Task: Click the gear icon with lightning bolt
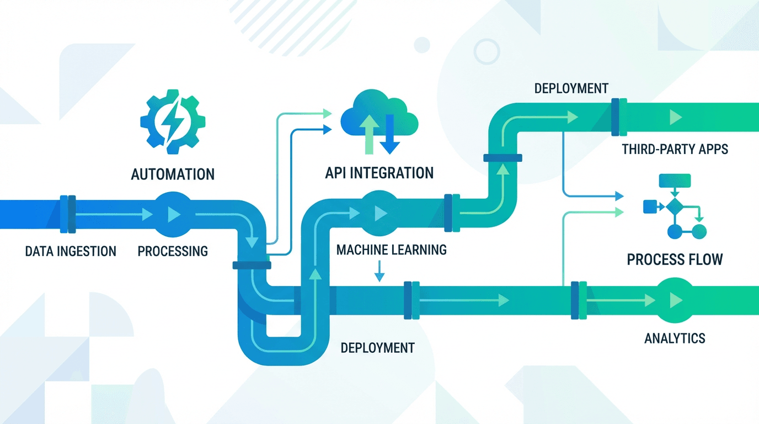[172, 121]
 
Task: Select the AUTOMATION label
[173, 174]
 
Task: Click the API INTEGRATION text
[380, 173]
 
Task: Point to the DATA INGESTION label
[71, 252]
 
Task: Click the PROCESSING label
[173, 252]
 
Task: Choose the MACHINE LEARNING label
[391, 250]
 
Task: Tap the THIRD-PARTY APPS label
[675, 149]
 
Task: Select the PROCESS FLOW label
[675, 259]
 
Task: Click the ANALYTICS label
[675, 338]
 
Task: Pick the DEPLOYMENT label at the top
[571, 88]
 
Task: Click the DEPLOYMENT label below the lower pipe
[377, 348]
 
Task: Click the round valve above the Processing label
[170, 214]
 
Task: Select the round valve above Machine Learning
[379, 213]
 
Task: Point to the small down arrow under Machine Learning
[379, 271]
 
